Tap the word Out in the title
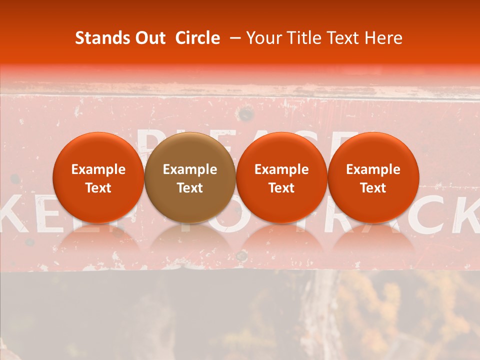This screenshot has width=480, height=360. (149, 38)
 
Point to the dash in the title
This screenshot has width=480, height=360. (233, 38)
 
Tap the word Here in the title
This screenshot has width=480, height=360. (383, 38)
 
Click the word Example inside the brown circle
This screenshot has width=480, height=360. (190, 169)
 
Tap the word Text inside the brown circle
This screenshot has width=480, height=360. (190, 188)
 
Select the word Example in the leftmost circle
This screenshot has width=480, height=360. (98, 169)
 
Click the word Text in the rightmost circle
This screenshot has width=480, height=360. (373, 188)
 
